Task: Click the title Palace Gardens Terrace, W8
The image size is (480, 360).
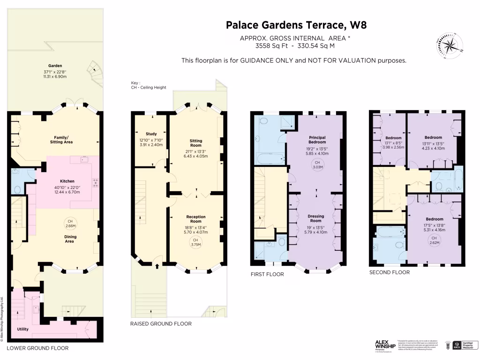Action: (293, 24)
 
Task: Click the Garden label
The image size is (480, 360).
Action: (55, 66)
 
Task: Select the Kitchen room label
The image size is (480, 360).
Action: (67, 181)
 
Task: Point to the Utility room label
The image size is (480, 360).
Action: (23, 330)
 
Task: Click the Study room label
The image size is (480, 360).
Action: (151, 134)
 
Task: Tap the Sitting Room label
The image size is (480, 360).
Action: (195, 143)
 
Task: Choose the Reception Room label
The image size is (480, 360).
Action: (196, 219)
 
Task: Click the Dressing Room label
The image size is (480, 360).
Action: (316, 218)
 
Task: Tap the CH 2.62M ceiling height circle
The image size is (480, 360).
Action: (434, 240)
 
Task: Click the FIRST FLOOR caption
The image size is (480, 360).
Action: (267, 274)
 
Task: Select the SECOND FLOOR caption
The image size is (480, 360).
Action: (389, 272)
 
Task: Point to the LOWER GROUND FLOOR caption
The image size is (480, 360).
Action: (37, 348)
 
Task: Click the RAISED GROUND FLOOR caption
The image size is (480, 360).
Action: (161, 323)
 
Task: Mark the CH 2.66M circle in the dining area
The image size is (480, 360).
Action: (70, 223)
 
